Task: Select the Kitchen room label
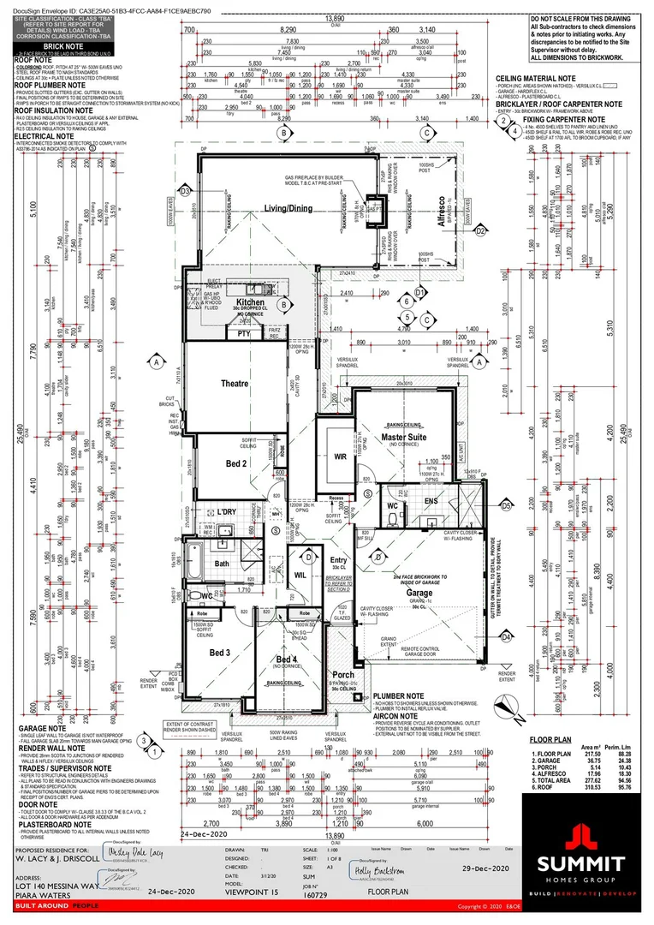point(251,303)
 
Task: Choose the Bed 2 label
point(212,463)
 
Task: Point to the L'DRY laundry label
point(225,512)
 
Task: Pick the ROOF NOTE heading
point(33,60)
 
